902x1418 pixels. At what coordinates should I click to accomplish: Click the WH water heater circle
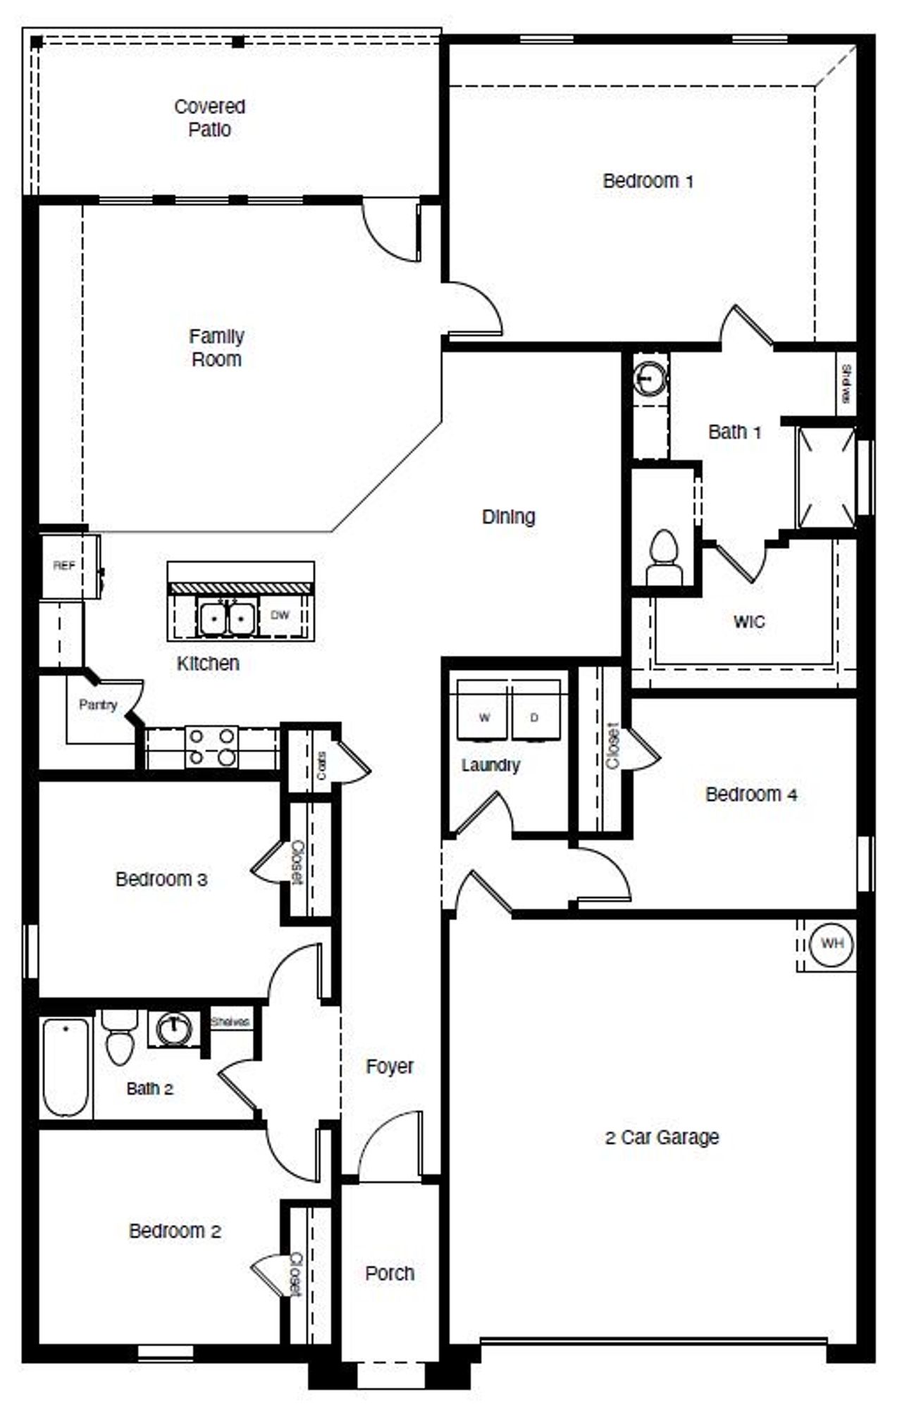[x=832, y=943]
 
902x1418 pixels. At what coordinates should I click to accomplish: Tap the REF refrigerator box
[x=64, y=566]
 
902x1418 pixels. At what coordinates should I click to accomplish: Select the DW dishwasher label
[x=280, y=615]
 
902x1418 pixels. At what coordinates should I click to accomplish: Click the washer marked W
[x=484, y=717]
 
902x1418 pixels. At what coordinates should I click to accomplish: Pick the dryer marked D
[x=534, y=717]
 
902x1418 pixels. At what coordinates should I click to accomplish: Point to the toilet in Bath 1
[x=664, y=555]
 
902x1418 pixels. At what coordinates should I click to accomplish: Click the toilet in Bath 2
[x=119, y=1038]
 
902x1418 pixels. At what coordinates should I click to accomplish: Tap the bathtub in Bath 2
[x=65, y=1067]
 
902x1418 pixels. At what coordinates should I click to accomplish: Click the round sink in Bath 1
[x=649, y=379]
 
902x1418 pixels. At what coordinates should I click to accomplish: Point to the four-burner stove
[x=212, y=747]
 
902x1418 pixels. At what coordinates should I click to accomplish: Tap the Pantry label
[x=98, y=704]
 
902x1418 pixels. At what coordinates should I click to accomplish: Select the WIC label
[x=749, y=622]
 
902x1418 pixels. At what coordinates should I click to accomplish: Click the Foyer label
[x=390, y=1066]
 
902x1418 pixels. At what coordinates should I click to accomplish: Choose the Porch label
[x=390, y=1274]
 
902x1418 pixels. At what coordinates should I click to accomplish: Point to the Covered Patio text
[x=210, y=118]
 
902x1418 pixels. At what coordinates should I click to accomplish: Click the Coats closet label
[x=321, y=765]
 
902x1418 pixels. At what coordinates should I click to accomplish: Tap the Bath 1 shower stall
[x=825, y=477]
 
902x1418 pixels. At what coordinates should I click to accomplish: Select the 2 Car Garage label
[x=662, y=1138]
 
